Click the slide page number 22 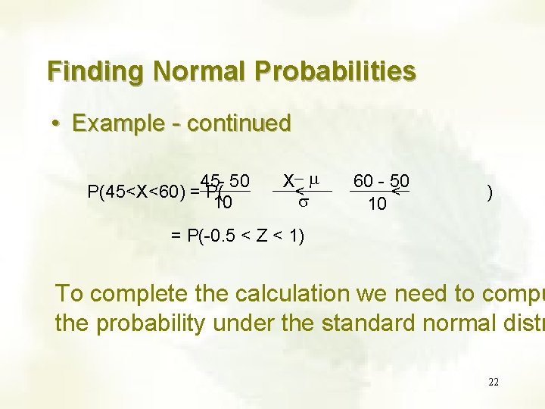[x=493, y=382]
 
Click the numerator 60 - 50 [x=381, y=181]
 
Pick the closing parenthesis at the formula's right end [x=490, y=193]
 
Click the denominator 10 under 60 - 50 [x=376, y=204]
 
